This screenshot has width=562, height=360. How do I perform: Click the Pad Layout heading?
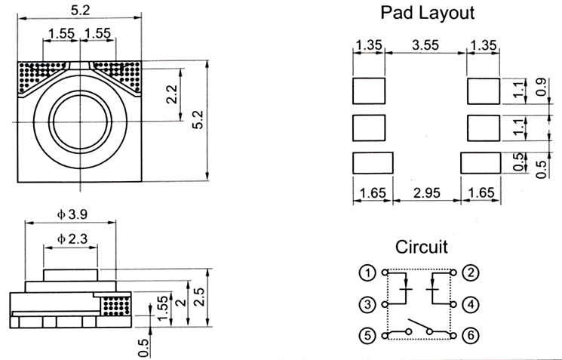(x=426, y=13)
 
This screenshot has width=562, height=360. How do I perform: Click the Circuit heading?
(x=421, y=247)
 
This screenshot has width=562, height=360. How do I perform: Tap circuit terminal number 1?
(x=367, y=272)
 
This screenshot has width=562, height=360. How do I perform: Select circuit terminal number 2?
(x=469, y=272)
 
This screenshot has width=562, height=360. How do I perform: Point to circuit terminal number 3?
(x=367, y=305)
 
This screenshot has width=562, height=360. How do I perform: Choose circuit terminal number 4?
(x=469, y=305)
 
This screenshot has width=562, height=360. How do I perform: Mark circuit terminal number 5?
(x=367, y=334)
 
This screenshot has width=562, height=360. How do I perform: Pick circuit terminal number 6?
(x=469, y=334)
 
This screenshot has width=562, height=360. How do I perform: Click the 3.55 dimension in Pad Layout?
(x=426, y=45)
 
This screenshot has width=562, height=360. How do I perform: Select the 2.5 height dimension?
(x=198, y=297)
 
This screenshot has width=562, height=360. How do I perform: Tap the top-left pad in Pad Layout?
(x=369, y=91)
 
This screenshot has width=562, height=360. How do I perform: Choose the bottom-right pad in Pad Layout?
(x=480, y=162)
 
